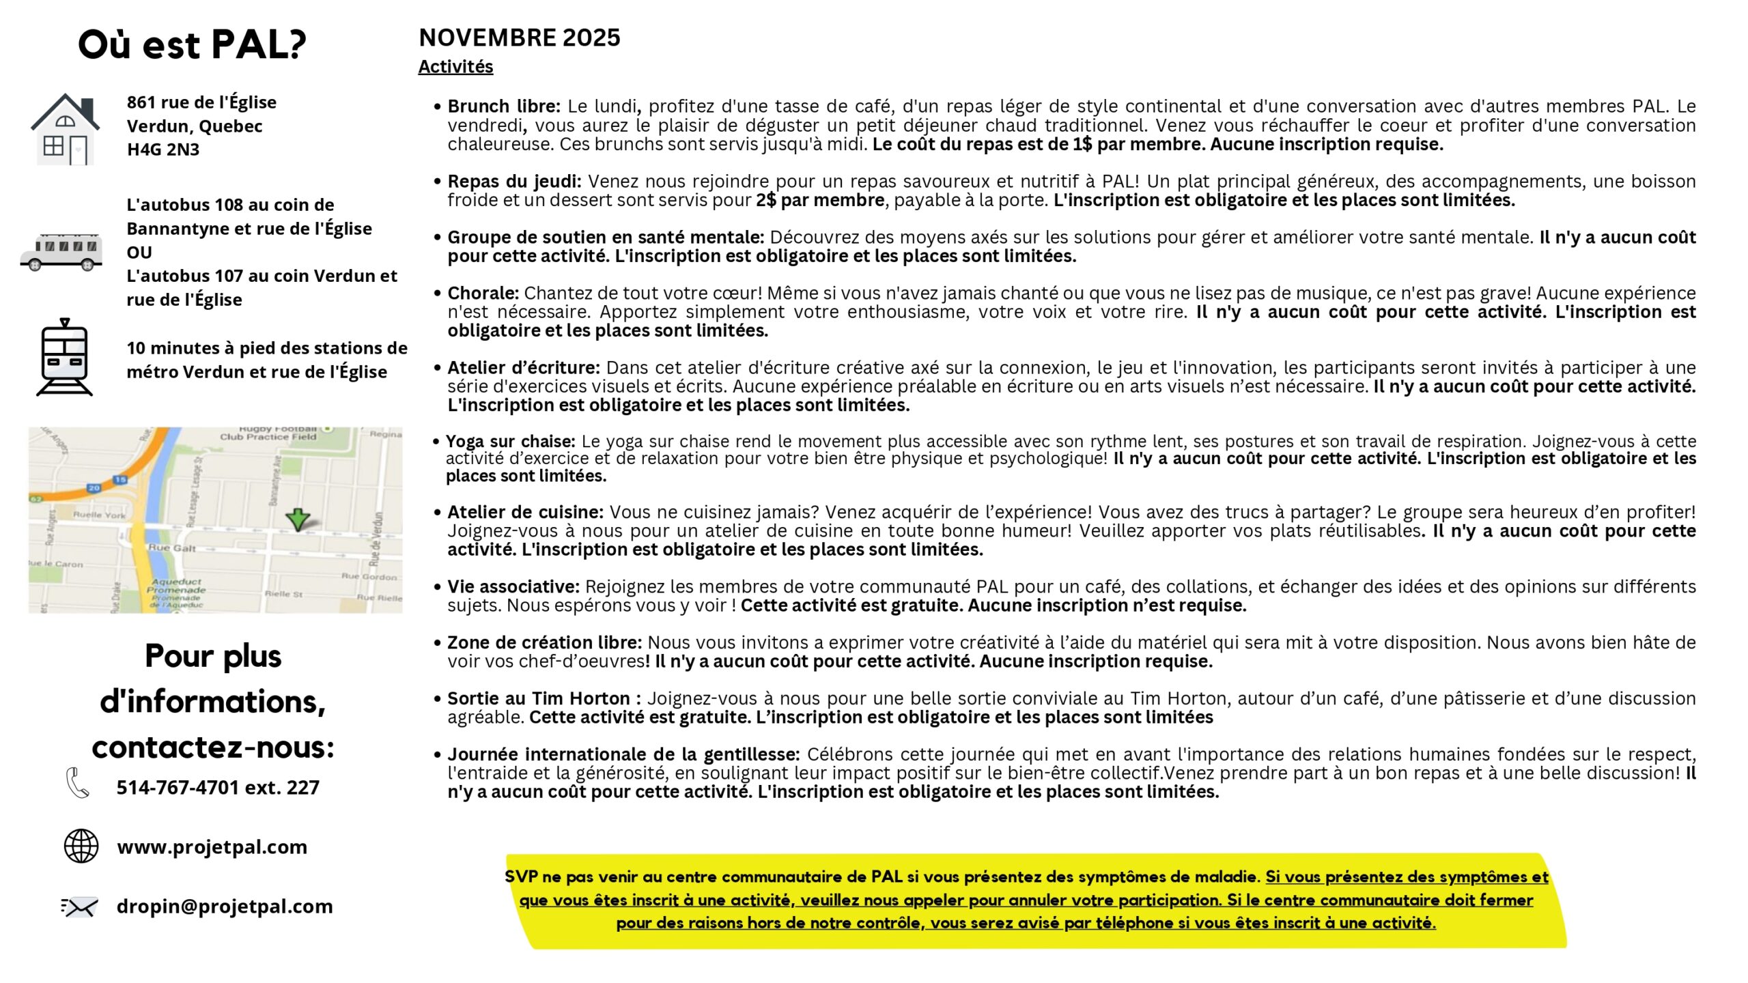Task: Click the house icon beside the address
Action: point(65,129)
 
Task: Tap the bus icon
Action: point(61,252)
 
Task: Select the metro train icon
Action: point(64,357)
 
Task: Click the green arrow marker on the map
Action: point(298,519)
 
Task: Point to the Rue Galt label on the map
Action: point(172,547)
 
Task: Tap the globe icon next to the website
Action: point(81,846)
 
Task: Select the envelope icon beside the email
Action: point(80,907)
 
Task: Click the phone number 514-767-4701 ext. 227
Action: point(218,787)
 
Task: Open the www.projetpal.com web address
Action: point(212,846)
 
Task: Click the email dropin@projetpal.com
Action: point(225,906)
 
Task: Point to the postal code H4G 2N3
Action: point(163,149)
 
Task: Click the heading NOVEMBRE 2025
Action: point(519,38)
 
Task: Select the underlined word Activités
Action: point(455,67)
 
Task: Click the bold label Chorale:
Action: point(483,293)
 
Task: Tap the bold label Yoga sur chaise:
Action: point(511,441)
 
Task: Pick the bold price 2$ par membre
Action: point(820,200)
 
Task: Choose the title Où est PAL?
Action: point(192,45)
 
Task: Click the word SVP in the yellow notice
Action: point(521,877)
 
